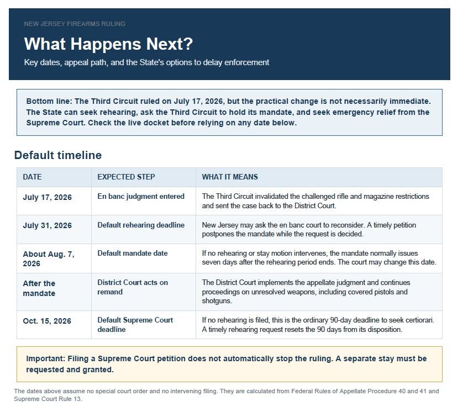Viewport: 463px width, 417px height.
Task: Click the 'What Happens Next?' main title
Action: (108, 44)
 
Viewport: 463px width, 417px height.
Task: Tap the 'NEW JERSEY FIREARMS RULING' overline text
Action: (75, 24)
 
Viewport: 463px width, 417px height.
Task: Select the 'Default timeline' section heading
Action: (58, 155)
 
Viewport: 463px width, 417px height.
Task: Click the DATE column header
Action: (32, 177)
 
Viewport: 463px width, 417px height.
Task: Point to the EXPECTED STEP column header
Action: (126, 177)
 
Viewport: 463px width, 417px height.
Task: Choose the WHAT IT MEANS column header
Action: (230, 177)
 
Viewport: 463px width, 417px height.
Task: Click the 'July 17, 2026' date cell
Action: (48, 197)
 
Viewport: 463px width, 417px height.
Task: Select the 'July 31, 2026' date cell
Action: (48, 225)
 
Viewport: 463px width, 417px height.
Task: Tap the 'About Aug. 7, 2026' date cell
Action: (49, 259)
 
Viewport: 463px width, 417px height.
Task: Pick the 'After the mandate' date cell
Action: (39, 288)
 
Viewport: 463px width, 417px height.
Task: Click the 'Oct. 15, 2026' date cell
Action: (47, 321)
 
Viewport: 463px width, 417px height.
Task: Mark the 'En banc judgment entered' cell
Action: (141, 197)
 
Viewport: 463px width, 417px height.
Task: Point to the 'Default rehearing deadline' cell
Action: (141, 225)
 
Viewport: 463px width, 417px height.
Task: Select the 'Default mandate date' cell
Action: (133, 253)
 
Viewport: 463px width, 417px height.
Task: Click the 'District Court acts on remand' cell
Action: (133, 287)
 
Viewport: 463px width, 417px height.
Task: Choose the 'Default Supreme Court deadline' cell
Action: (135, 325)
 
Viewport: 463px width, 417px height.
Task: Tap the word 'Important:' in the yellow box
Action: (45, 358)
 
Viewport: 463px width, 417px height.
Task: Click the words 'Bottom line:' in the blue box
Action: (49, 101)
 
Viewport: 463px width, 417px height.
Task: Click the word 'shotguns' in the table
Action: (217, 301)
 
